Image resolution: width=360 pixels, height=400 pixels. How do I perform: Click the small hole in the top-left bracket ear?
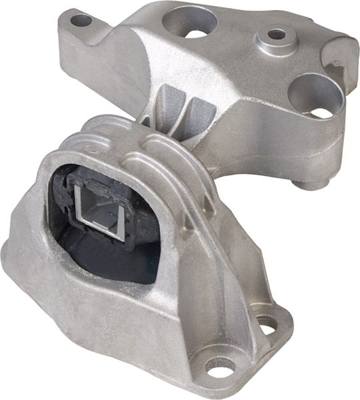tap(81, 21)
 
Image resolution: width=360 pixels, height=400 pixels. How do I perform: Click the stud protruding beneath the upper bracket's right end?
tap(311, 183)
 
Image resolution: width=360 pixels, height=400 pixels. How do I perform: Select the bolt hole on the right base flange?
tap(267, 326)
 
